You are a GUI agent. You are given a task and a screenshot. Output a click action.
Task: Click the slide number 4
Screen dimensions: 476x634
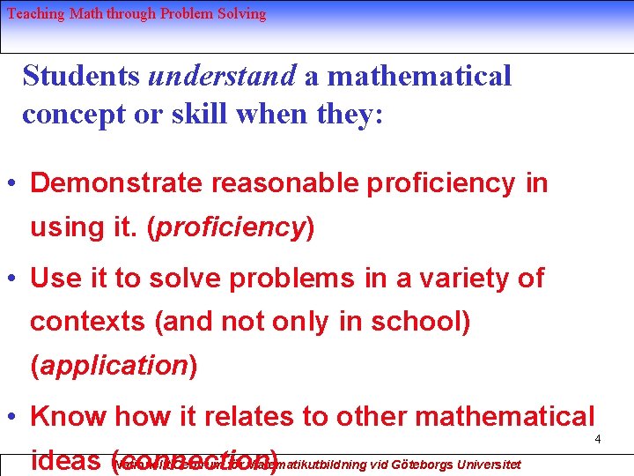(x=597, y=439)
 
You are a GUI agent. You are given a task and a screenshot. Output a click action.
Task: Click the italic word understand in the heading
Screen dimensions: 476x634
(x=222, y=76)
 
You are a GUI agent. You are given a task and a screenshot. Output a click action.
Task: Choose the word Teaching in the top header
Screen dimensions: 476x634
(x=34, y=13)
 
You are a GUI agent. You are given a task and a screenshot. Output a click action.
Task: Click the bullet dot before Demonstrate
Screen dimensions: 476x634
(x=12, y=184)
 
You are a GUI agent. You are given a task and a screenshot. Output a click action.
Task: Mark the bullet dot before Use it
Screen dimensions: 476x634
(x=12, y=279)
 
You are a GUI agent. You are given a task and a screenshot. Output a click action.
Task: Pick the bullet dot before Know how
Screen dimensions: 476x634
(x=12, y=417)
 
